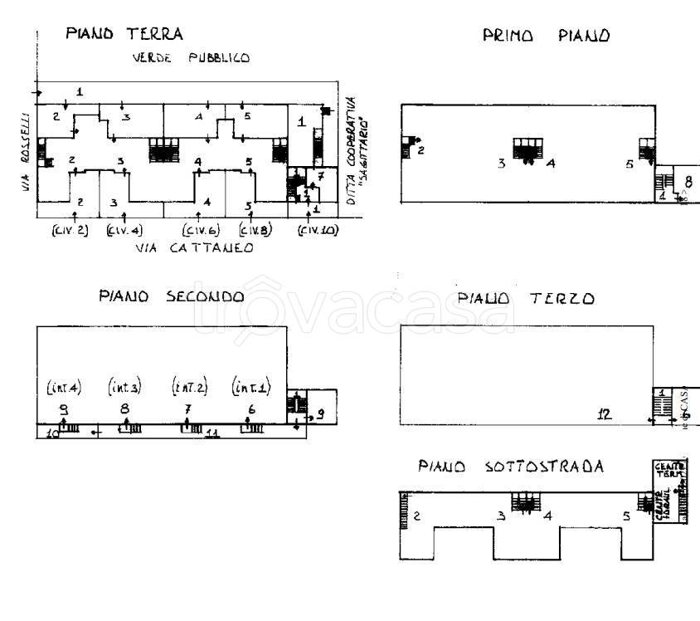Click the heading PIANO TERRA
point(124,34)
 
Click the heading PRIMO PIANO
point(547,36)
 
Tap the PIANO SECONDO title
point(172,296)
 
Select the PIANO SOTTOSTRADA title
point(511,467)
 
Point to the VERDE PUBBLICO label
point(192,58)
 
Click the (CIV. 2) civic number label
point(70,230)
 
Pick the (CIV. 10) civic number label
point(318,230)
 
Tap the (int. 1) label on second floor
point(250,387)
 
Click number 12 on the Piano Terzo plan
point(605,414)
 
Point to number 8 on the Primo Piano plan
point(688,180)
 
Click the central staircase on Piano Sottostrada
point(525,501)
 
